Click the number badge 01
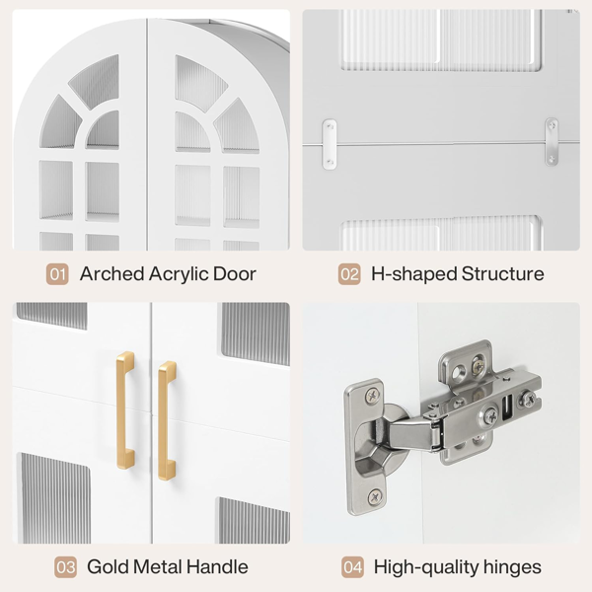click(x=57, y=274)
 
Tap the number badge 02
click(x=349, y=274)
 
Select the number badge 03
click(x=65, y=567)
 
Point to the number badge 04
click(x=352, y=567)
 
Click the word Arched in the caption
click(x=112, y=273)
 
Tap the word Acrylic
click(x=179, y=275)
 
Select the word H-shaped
click(x=414, y=274)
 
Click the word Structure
click(x=502, y=273)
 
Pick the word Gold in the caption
click(x=108, y=566)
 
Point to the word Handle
click(x=217, y=566)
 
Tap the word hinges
click(x=512, y=567)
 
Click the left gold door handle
click(x=125, y=409)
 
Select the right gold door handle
click(x=167, y=420)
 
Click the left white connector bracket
click(x=330, y=144)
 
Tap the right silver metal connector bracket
click(x=552, y=141)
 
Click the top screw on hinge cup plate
click(x=373, y=396)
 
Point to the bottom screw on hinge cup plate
click(x=374, y=496)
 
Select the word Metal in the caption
click(x=157, y=566)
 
